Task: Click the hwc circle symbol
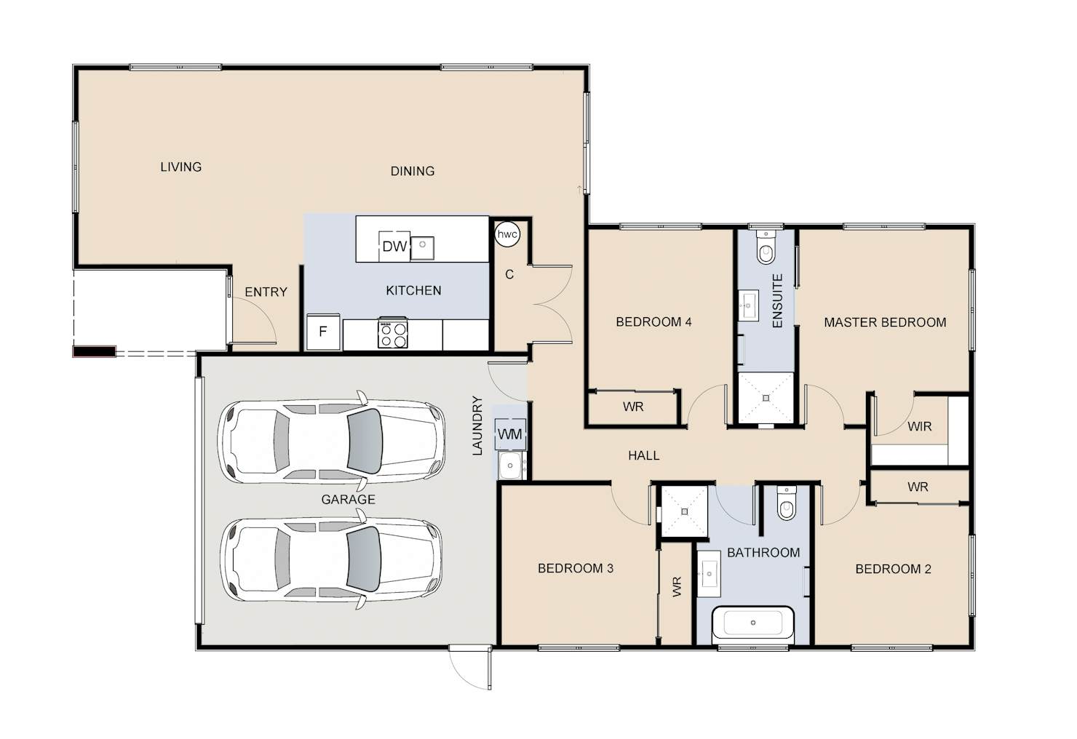(507, 234)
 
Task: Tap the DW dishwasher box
(394, 247)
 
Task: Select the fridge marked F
(323, 332)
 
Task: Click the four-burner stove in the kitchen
(393, 333)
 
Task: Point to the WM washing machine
(509, 434)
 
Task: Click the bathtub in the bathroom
(753, 623)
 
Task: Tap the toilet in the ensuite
(766, 247)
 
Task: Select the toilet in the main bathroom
(786, 503)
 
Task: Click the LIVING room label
(180, 167)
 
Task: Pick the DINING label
(413, 171)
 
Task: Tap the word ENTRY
(266, 292)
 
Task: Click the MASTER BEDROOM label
(885, 322)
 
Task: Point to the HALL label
(644, 455)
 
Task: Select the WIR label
(919, 426)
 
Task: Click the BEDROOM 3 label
(576, 568)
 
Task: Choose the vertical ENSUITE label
(777, 301)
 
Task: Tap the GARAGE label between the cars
(348, 500)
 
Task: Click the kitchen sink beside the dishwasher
(422, 248)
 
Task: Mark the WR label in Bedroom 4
(633, 407)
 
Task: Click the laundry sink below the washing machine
(510, 466)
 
